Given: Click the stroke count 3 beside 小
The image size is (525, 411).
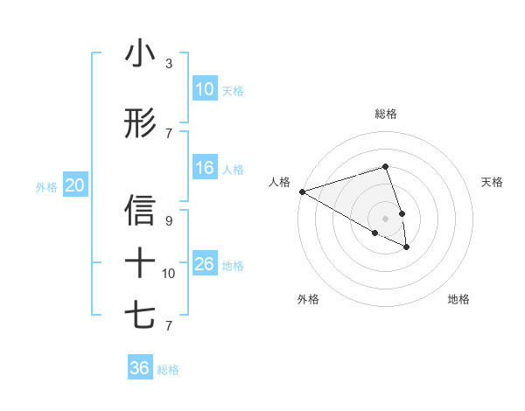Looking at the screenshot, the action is [168, 64].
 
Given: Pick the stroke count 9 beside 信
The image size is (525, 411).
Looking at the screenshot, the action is [168, 221].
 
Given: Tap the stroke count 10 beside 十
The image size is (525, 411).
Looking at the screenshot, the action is [169, 274].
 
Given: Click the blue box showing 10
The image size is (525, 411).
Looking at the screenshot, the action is [205, 89].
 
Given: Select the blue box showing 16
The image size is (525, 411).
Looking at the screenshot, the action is [205, 168].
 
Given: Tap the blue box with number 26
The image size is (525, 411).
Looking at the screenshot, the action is [205, 264].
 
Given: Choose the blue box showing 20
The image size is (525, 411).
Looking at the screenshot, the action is [75, 185].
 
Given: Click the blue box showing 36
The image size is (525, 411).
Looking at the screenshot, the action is [140, 368].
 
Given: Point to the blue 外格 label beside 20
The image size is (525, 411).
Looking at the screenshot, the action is [46, 186].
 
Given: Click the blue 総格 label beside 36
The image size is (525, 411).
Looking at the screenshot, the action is [168, 370].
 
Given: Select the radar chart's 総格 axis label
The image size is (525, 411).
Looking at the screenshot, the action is [386, 114].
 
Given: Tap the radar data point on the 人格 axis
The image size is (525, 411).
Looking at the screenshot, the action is [302, 191].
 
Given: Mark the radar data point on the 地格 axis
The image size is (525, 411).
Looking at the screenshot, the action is [407, 247].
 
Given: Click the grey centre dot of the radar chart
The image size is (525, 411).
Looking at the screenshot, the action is [386, 218].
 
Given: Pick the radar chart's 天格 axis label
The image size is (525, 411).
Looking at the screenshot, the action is [493, 182].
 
